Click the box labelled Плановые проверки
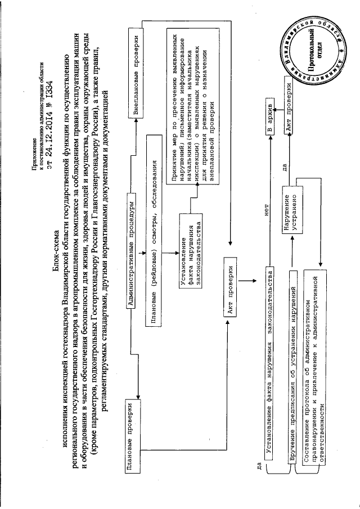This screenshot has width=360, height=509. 130,433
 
